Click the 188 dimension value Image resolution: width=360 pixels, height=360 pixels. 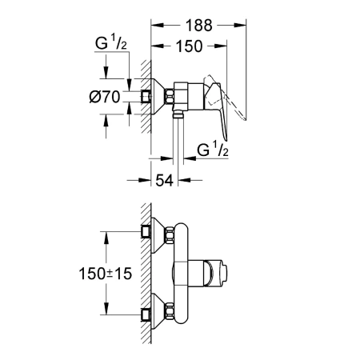pyautogui.click(x=199, y=26)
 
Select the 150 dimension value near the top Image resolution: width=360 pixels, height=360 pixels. pyautogui.click(x=189, y=46)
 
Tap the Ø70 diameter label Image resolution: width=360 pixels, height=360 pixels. pyautogui.click(x=105, y=97)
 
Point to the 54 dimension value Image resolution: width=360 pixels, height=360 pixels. pyautogui.click(x=164, y=180)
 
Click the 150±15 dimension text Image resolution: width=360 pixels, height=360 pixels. pyautogui.click(x=106, y=274)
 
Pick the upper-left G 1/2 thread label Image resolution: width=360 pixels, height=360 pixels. pyautogui.click(x=111, y=42)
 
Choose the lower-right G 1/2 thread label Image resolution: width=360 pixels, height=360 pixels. pyautogui.click(x=213, y=149)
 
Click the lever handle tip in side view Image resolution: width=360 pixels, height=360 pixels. pyautogui.click(x=226, y=139)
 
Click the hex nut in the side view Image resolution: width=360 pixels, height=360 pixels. pyautogui.click(x=170, y=96)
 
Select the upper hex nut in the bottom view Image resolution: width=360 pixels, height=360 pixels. pyautogui.click(x=170, y=235)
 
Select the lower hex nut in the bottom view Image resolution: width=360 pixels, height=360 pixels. pyautogui.click(x=170, y=311)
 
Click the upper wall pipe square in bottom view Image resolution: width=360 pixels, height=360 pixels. pyautogui.click(x=146, y=231)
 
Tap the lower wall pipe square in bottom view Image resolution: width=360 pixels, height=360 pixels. pyautogui.click(x=146, y=315)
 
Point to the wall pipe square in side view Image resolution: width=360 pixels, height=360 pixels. pyautogui.click(x=146, y=97)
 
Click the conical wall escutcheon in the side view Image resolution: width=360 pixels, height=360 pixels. pyautogui.click(x=158, y=97)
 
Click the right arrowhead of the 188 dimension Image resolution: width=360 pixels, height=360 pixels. pyautogui.click(x=240, y=26)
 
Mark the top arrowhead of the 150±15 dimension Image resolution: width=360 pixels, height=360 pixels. pyautogui.click(x=106, y=238)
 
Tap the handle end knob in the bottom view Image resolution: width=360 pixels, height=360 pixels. pyautogui.click(x=223, y=274)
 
